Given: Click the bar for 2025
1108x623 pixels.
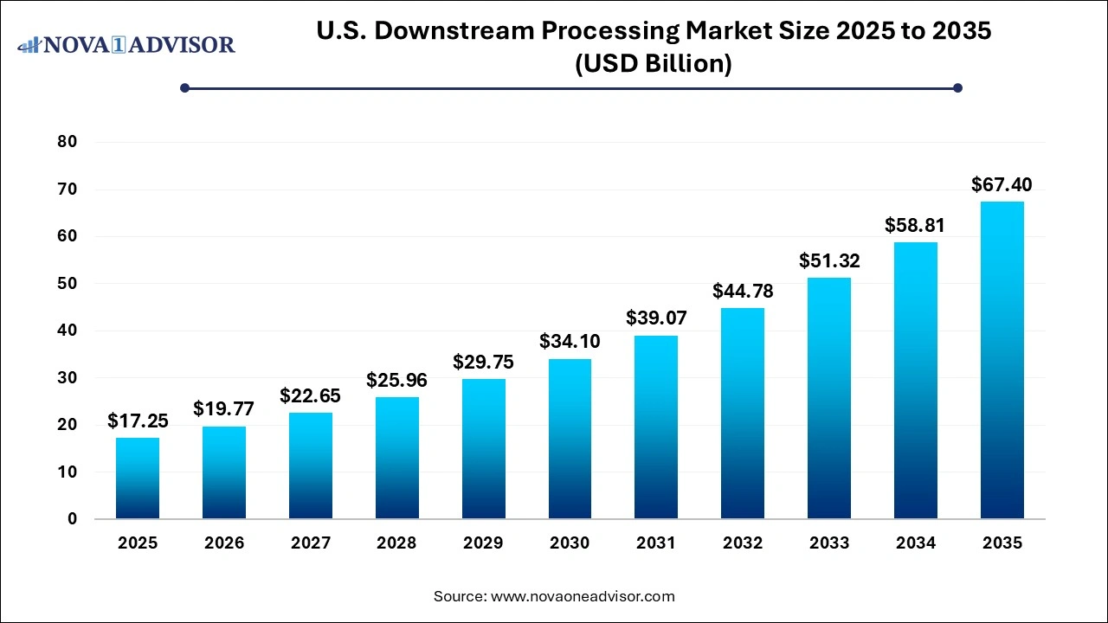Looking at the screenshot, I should pos(138,478).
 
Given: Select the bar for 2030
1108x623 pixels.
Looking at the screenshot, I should pos(570,439).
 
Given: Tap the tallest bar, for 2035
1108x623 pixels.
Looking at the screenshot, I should pos(1002,360).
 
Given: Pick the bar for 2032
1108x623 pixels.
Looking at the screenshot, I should pos(743,414).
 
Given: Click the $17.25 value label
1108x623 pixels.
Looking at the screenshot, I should pos(138,421).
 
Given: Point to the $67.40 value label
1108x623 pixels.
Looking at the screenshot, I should pos(1002,184).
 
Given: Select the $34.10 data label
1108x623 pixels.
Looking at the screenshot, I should pos(570,342).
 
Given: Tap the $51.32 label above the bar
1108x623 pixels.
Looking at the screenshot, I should pos(829,260).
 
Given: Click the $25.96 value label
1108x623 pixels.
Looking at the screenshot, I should pos(397,380).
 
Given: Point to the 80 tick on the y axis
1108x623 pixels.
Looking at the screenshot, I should pos(67,142).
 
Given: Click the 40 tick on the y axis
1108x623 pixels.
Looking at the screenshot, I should pos(67,331).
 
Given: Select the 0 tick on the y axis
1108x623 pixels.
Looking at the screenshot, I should pos(72,519).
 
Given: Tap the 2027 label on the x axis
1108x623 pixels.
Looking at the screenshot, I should pos(311,543).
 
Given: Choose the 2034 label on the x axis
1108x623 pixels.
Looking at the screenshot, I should pos(916,543).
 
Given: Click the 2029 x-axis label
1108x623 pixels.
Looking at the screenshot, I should pos(483,543).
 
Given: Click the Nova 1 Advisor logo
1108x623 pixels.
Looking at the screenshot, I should pos(126,44).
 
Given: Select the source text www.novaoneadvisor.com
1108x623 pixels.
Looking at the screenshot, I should pos(583,596).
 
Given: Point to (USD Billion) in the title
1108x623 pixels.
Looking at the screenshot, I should pos(654,64).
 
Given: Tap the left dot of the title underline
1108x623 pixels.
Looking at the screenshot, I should pos(184,87).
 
